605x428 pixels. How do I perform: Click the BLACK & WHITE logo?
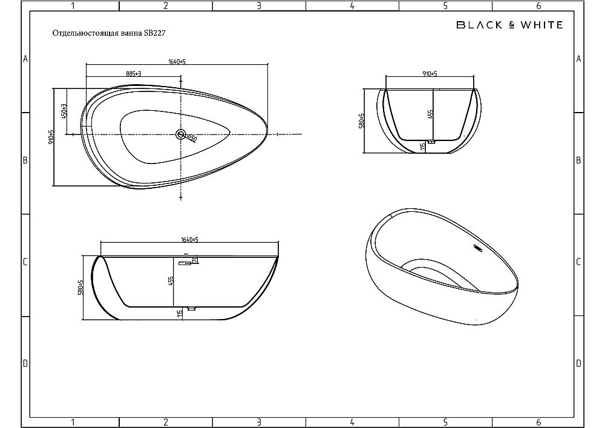tap(508, 25)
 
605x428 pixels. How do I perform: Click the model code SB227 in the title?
tap(154, 35)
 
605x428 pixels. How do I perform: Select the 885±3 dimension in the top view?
tap(134, 73)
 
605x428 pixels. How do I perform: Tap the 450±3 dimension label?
tap(64, 111)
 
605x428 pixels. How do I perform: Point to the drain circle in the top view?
tap(181, 134)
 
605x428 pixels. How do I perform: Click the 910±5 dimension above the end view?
tap(430, 74)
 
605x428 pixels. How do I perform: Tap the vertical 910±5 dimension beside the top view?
tap(51, 136)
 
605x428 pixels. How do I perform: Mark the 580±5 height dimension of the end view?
tap(361, 120)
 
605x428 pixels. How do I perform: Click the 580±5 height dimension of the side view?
tap(80, 286)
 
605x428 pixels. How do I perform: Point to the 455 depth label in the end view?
tap(430, 115)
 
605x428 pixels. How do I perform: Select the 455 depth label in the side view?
tap(171, 281)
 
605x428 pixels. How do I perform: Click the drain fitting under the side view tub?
tap(191, 309)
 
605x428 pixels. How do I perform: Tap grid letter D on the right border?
tap(579, 363)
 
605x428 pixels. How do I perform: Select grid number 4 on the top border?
tap(352, 6)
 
